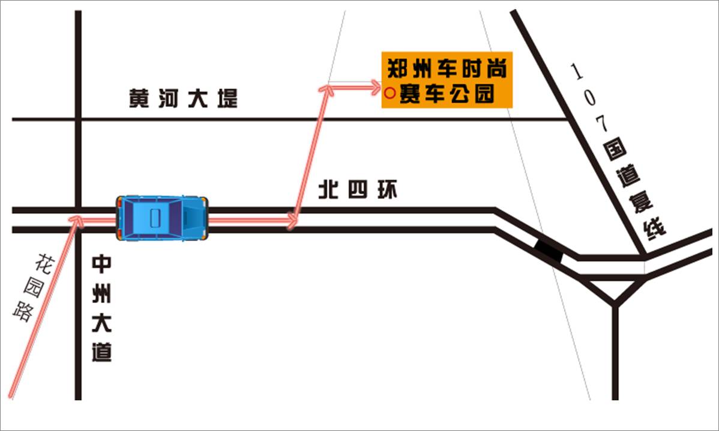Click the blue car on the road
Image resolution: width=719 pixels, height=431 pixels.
[x=162, y=218]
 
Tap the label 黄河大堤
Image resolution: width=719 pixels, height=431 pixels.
[x=184, y=99]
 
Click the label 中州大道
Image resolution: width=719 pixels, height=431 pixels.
[x=101, y=309]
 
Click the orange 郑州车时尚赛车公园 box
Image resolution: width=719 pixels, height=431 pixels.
[x=447, y=80]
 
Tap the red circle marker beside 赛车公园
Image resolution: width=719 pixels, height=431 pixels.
[x=389, y=93]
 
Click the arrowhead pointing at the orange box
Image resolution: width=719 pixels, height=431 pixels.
[x=375, y=88]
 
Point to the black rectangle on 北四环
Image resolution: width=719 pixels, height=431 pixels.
[x=549, y=249]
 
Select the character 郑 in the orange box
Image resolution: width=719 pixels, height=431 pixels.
[x=397, y=69]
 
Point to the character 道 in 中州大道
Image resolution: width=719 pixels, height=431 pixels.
[x=101, y=351]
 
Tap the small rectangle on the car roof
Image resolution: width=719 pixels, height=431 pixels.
[x=155, y=217]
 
